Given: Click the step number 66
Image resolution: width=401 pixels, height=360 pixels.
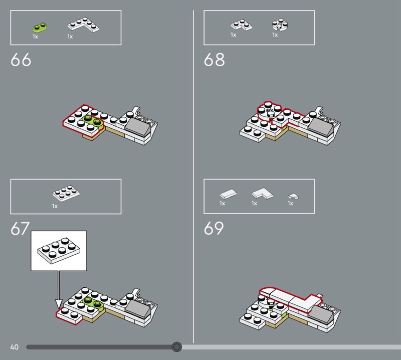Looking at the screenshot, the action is [x=21, y=60].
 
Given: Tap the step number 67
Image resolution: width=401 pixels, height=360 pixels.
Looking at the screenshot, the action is [x=20, y=229].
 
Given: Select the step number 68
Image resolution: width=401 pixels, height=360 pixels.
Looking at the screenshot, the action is [x=214, y=60].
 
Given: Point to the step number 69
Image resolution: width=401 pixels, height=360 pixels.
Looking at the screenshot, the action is [x=214, y=229].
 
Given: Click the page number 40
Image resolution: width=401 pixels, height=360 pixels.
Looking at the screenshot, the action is [x=15, y=347].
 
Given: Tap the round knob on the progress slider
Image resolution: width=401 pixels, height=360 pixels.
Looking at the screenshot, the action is [x=176, y=347].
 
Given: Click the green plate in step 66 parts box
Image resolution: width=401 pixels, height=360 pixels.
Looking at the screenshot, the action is [x=40, y=27].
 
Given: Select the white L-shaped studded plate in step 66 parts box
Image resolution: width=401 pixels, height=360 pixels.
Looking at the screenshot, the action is [x=83, y=25].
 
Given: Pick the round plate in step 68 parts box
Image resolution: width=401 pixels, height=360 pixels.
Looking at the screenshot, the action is [x=280, y=25].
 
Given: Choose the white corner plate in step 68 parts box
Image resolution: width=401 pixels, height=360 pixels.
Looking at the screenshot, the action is [x=242, y=25].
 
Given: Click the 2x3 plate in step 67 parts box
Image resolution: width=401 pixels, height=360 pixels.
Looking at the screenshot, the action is [x=66, y=193].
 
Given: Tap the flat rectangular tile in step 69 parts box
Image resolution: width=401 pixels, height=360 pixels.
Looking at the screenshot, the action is [x=228, y=194].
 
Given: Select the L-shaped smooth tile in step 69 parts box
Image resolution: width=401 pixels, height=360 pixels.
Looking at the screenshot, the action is [x=262, y=194].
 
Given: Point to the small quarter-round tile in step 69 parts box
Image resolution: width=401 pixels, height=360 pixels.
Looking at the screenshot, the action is [x=293, y=196].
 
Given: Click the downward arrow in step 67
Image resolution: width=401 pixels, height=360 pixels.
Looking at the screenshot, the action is [x=59, y=290].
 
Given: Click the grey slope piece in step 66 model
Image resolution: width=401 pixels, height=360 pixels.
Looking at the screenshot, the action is [x=137, y=126].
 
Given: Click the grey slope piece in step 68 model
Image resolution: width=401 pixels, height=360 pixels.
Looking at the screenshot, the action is [x=321, y=126].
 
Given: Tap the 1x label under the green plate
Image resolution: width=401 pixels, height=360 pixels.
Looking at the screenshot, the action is [x=35, y=37].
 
